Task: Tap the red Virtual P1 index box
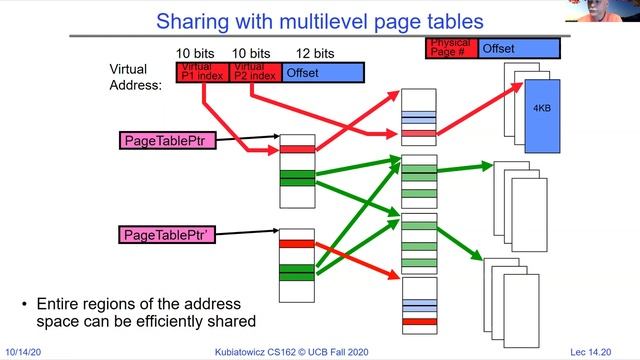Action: [x=202, y=72]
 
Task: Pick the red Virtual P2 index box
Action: [x=255, y=72]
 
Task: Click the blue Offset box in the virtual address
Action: [x=322, y=72]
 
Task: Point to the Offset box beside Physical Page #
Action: [x=518, y=48]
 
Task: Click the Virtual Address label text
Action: [x=135, y=78]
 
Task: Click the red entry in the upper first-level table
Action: [x=297, y=149]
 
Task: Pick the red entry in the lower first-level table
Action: [x=297, y=243]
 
